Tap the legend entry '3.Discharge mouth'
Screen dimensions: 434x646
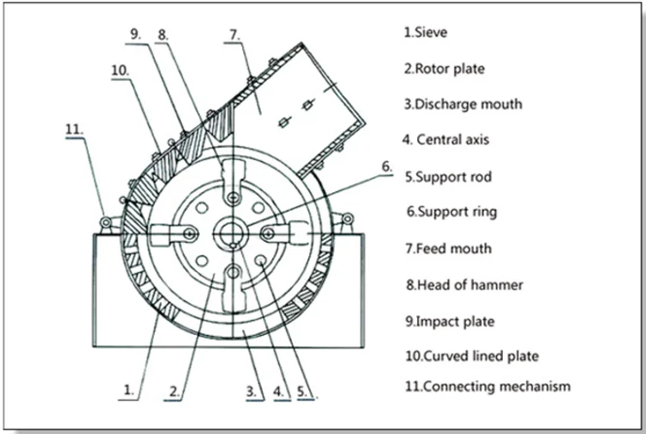[x=463, y=104]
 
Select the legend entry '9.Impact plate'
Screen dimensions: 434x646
[x=450, y=321]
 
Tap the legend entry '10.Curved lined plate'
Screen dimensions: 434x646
[x=469, y=355]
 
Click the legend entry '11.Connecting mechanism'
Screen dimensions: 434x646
[x=488, y=386]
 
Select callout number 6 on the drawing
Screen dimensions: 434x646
[x=388, y=165]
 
